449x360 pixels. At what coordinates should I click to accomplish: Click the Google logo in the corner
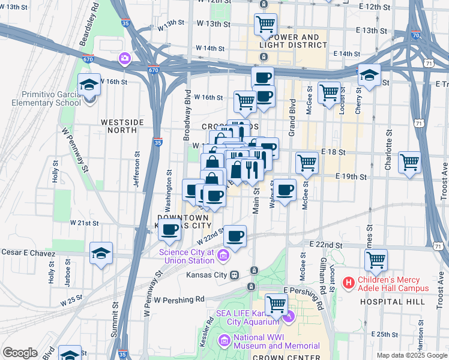(20, 353)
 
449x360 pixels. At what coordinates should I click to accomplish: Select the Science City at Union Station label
(186, 256)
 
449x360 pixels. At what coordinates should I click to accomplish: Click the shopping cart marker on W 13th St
(265, 25)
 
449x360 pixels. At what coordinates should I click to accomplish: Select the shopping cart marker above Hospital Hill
(376, 260)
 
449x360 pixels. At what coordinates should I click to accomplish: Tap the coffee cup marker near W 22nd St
(236, 235)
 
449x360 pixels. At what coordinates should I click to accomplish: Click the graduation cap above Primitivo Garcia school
(89, 85)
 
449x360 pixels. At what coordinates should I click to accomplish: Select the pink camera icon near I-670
(124, 58)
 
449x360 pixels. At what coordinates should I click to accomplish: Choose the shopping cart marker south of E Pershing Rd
(276, 304)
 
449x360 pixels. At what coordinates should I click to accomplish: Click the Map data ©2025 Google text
(411, 355)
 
